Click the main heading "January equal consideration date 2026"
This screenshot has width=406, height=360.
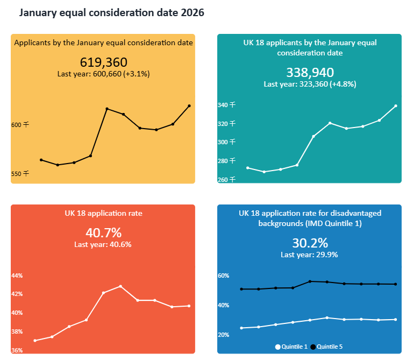(112, 12)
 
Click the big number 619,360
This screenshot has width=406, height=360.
(103, 62)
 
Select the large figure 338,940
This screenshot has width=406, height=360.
(310, 73)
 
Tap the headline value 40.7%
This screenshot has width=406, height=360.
(103, 233)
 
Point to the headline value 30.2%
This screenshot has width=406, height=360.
(309, 243)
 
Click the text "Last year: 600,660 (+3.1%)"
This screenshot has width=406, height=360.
(103, 74)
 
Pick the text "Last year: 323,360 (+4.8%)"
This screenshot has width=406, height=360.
(310, 84)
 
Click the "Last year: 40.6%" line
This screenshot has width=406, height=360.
(103, 244)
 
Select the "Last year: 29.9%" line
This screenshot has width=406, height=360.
(309, 255)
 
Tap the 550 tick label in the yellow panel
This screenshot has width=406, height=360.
(20, 174)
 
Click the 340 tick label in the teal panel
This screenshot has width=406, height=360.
(226, 105)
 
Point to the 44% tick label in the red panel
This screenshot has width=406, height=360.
(17, 276)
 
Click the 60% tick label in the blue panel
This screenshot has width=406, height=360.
(223, 276)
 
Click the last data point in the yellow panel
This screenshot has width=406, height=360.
(189, 106)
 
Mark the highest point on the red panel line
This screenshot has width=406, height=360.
(120, 286)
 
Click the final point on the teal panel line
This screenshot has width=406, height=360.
(396, 106)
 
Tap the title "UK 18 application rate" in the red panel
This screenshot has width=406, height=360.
(103, 213)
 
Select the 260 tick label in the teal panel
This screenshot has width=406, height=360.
(226, 179)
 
